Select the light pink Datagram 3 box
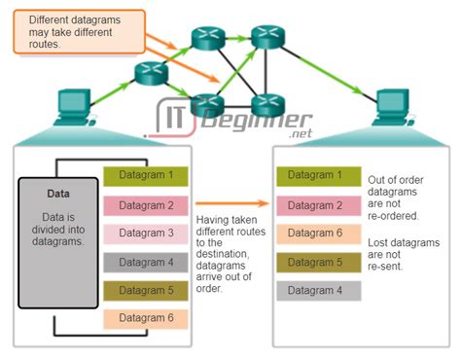pos(146,234)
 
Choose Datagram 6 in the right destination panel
pos(318,234)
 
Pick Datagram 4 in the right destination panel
pos(318,290)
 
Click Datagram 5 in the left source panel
pos(146,290)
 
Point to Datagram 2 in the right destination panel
pos(318,205)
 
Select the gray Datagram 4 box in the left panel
pos(146,262)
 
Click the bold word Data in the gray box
pos(57,194)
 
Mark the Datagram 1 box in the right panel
pos(318,177)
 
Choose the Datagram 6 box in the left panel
pos(146,318)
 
